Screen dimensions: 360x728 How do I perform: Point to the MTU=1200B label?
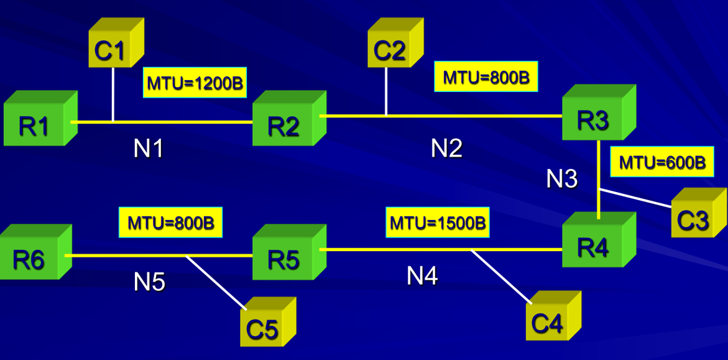[x=195, y=83]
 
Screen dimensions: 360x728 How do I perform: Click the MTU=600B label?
[x=662, y=163]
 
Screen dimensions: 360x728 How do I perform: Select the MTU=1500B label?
[x=438, y=222]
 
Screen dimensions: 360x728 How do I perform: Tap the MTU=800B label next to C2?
[x=485, y=77]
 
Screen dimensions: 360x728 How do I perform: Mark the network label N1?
[x=148, y=149]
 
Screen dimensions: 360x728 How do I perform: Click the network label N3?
[x=562, y=178]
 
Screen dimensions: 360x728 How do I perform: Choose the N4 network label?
[x=422, y=275]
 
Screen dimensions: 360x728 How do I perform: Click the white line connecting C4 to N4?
[x=501, y=277]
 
